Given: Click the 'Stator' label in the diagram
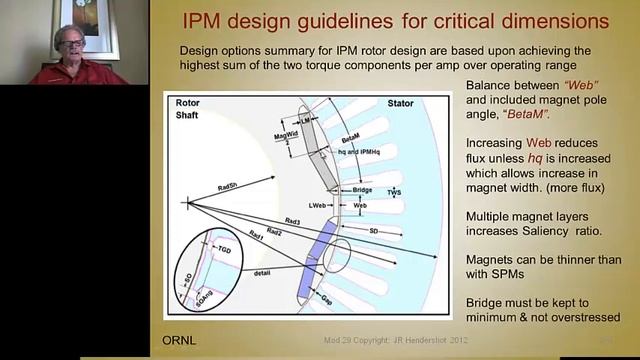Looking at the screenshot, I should coord(402,102).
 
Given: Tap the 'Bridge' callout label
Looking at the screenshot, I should coord(357,189).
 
